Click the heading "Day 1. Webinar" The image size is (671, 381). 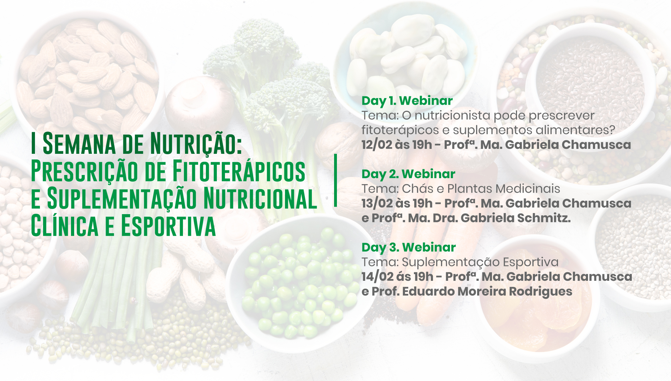[407, 101]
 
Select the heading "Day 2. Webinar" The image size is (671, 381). [408, 174]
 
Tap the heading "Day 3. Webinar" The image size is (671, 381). [409, 248]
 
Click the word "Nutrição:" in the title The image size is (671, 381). [196, 144]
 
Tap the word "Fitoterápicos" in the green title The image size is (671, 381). [239, 171]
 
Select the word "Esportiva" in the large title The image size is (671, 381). [168, 226]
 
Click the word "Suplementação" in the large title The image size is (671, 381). [122, 199]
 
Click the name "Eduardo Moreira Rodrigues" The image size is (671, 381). [487, 291]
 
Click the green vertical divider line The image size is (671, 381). [335, 180]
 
